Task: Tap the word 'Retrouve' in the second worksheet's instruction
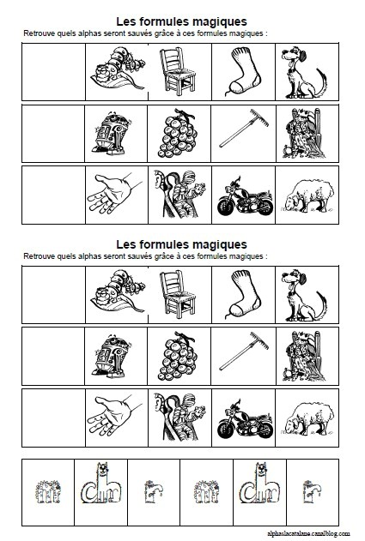40,256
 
